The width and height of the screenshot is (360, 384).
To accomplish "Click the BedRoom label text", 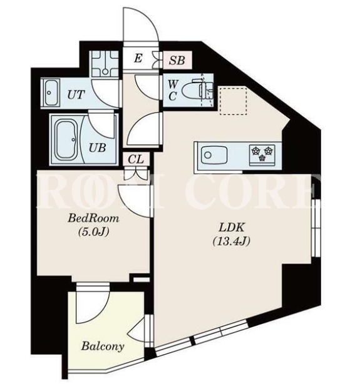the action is coord(93,218).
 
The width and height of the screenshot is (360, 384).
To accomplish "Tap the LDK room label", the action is coord(232,228).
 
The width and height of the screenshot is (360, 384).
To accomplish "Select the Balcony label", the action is coord(103,346).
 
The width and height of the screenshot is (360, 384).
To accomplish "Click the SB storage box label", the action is coord(177,60).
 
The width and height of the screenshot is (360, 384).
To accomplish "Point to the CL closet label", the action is coord(136,159).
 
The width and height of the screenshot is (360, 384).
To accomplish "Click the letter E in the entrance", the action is coord(138,59).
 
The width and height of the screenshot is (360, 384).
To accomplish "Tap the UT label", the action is coord(76,95).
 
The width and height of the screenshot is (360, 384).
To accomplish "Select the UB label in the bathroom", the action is coord(98,148).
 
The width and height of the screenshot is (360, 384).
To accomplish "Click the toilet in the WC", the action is coord(197,90).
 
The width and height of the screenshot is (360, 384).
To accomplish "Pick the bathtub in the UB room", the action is coord(66,139).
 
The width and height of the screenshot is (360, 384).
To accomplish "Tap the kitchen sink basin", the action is coord(214,155).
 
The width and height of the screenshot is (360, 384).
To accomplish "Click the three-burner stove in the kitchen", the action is coord(262,154).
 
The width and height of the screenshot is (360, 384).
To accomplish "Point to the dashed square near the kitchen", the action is coord(233,101).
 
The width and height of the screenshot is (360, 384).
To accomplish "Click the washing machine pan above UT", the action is coord(105,64).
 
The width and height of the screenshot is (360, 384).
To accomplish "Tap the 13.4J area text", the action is coord(231,241).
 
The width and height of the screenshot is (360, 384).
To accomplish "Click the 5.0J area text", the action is coord(93,231).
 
